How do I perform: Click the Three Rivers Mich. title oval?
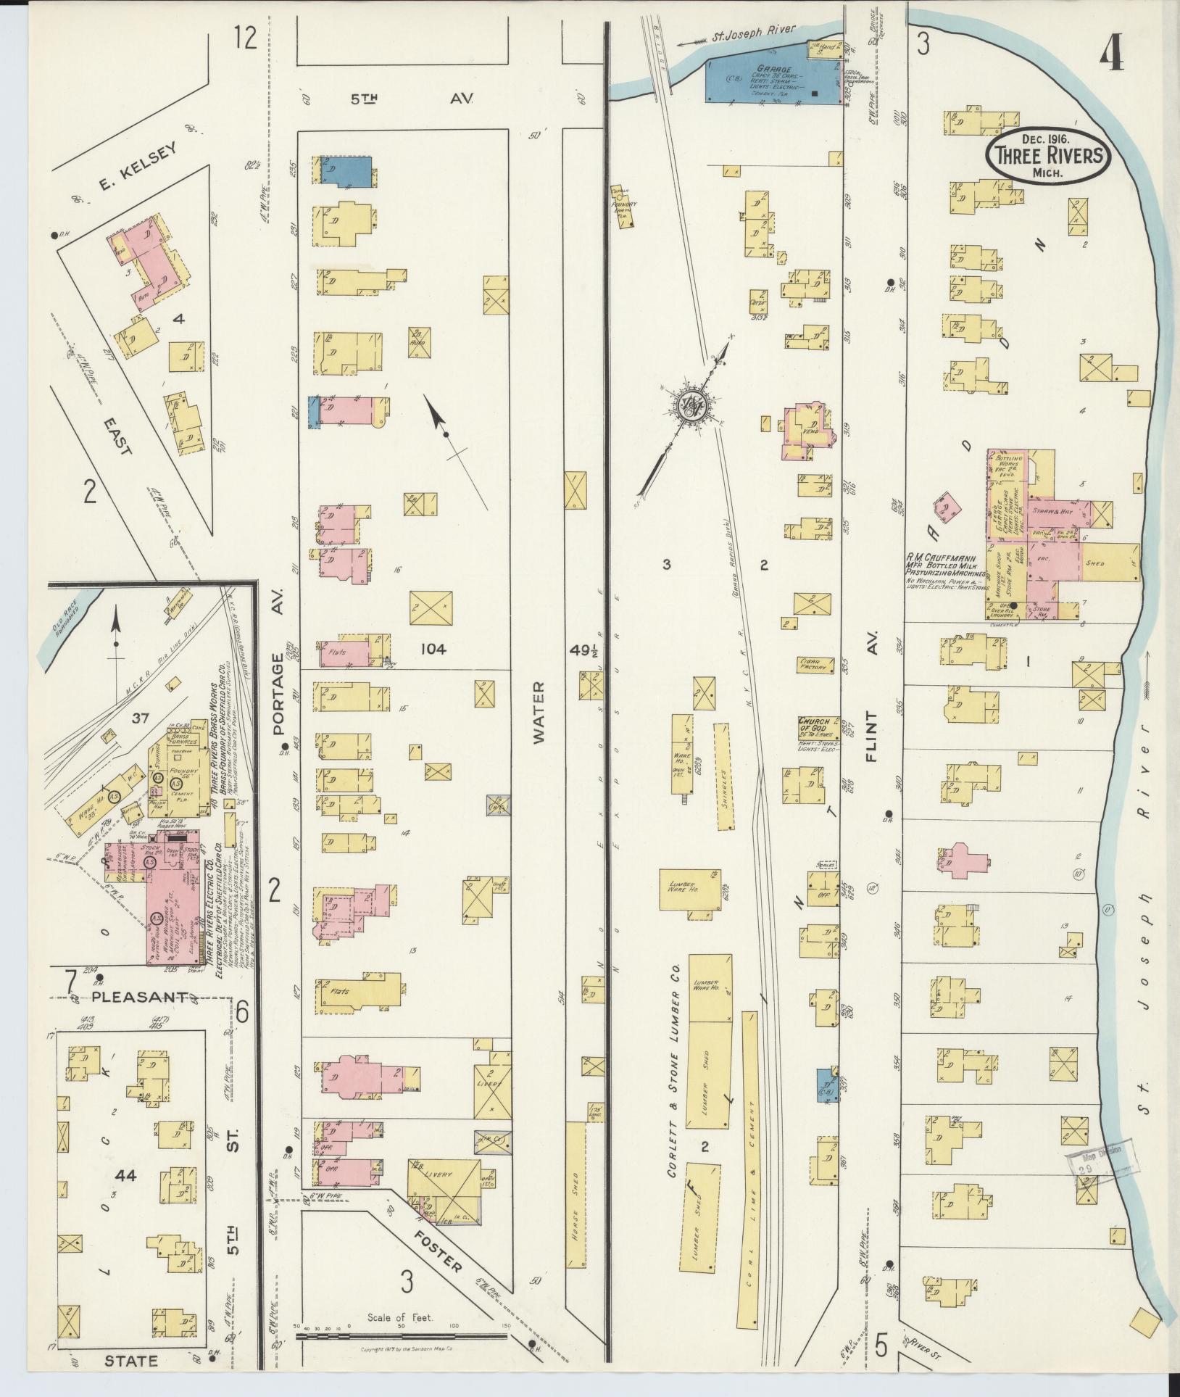[1049, 156]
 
